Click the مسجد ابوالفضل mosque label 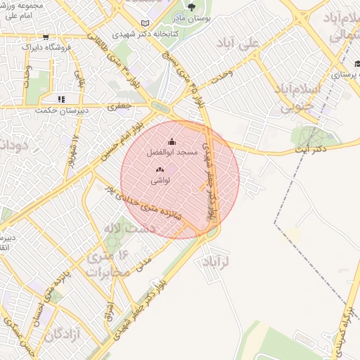(167, 153)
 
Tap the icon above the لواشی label (160, 169)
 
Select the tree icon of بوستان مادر (191, 8)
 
